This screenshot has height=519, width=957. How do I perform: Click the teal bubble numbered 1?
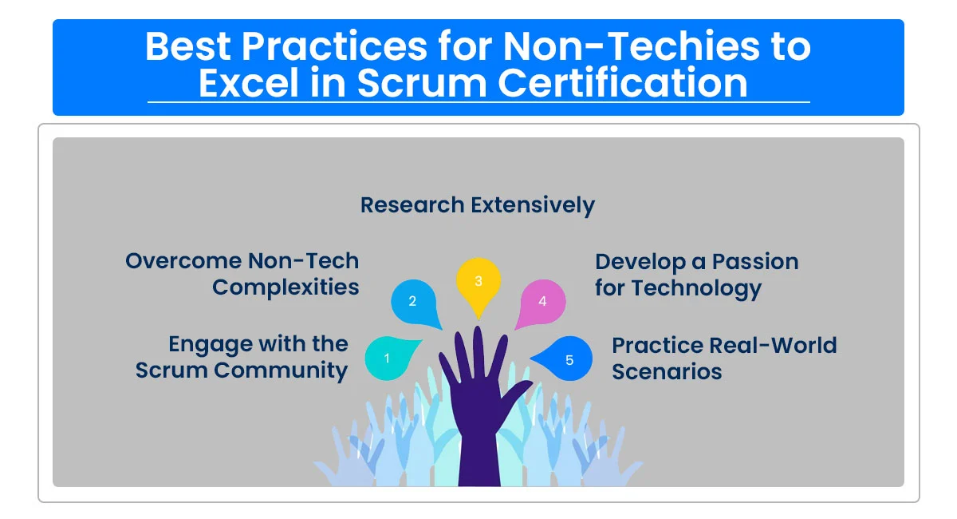[388, 359]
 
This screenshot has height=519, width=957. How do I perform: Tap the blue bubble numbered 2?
[412, 302]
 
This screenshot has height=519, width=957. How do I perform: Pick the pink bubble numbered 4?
[542, 302]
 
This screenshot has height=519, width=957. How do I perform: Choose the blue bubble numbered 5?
[569, 360]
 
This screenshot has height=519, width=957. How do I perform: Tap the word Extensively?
[533, 205]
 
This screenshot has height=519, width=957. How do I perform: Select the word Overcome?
[183, 261]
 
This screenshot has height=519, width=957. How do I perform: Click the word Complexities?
[286, 287]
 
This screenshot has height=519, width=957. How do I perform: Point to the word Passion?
[755, 262]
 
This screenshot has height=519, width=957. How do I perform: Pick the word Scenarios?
[667, 372]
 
